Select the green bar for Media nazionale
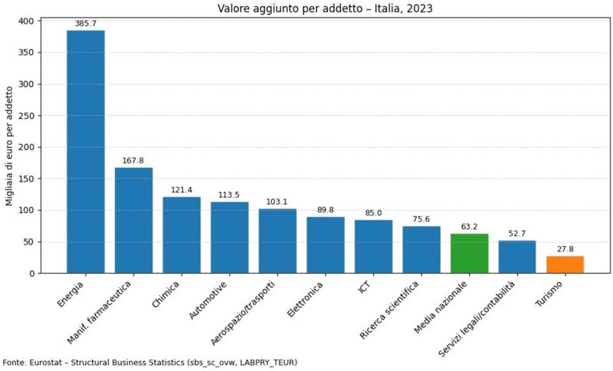point(469,254)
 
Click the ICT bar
point(373,246)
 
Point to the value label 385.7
point(86,24)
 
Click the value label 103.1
point(277,202)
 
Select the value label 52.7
point(517,234)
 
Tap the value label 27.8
point(565,249)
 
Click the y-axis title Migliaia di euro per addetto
point(10,147)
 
